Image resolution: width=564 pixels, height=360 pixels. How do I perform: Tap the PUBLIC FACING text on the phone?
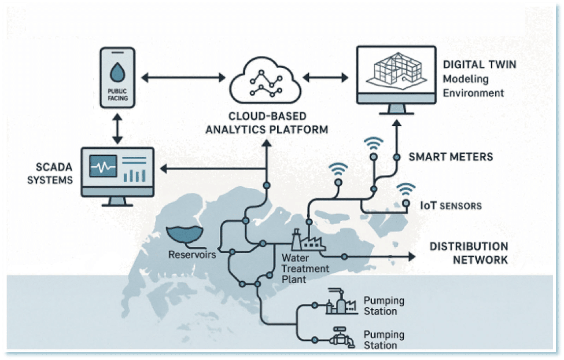click(x=117, y=95)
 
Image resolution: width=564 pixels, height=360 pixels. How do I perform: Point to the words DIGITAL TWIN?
click(x=480, y=65)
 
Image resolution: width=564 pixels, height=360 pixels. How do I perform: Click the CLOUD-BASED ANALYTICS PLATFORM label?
click(x=267, y=123)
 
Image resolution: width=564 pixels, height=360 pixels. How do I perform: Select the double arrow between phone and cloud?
click(x=183, y=78)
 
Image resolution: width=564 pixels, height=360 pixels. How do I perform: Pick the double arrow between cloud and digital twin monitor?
click(x=326, y=78)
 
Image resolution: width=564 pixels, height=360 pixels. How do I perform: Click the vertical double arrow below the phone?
click(x=117, y=128)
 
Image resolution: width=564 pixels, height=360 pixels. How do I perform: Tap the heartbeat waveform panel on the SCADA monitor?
click(x=103, y=166)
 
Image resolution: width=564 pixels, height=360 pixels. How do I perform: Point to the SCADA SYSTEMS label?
click(x=50, y=173)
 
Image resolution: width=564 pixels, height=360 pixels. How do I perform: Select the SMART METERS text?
click(x=451, y=157)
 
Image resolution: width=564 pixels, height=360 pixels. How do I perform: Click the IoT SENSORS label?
click(x=451, y=206)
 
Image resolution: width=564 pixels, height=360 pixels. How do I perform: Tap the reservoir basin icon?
click(x=185, y=234)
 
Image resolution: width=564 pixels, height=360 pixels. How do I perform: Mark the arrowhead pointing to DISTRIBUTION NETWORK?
click(x=412, y=257)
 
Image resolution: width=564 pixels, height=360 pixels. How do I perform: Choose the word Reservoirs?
click(x=192, y=254)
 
